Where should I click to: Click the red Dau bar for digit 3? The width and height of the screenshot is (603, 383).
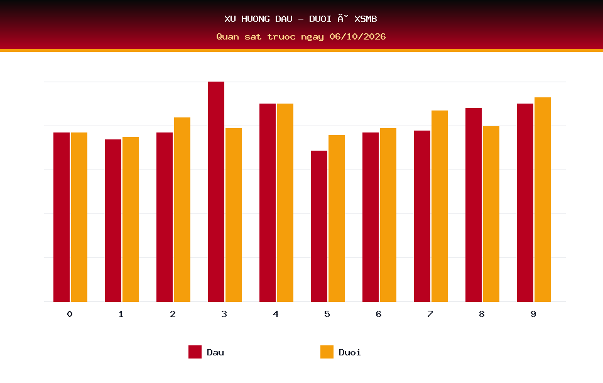[x=215, y=191]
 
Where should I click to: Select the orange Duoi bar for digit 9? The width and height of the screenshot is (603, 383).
[x=543, y=200]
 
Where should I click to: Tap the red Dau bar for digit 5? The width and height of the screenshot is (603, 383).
[x=319, y=226]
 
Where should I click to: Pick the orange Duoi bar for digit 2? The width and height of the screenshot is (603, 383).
[x=182, y=210]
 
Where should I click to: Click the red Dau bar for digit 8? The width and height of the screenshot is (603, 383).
[x=474, y=205]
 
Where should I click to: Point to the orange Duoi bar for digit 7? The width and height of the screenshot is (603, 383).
[x=440, y=206]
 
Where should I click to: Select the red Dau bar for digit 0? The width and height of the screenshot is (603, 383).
[x=62, y=217]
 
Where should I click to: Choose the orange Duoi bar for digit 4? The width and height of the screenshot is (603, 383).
[x=285, y=203]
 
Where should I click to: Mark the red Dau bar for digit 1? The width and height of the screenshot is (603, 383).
[x=113, y=220]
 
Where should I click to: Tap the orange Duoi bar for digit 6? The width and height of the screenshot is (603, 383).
[x=388, y=215]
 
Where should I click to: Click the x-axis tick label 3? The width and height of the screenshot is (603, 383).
[x=224, y=314]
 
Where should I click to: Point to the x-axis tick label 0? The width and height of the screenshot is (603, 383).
[x=70, y=314]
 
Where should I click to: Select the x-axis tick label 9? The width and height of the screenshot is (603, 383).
[x=533, y=314]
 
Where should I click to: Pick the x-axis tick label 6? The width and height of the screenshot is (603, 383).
[x=379, y=314]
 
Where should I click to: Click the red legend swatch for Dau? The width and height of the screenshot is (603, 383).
[x=195, y=352]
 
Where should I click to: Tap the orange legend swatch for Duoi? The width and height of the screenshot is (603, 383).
[x=327, y=352]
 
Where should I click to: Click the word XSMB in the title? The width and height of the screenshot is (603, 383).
[x=366, y=19]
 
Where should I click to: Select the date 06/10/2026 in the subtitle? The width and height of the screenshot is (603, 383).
[x=357, y=36]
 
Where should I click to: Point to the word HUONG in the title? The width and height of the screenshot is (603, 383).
[x=256, y=19]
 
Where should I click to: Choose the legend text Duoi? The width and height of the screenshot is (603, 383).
[x=350, y=352]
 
